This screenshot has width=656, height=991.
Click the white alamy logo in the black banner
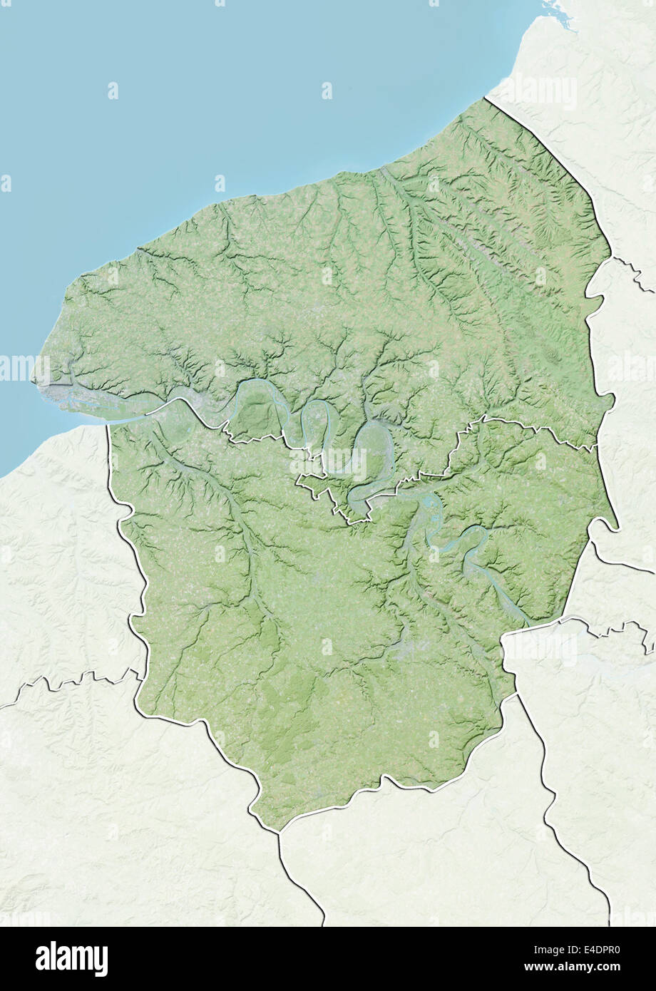[x=71, y=958]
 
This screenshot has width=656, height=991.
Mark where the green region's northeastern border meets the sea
[x=486, y=98]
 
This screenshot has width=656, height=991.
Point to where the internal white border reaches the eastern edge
[x=596, y=448]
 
